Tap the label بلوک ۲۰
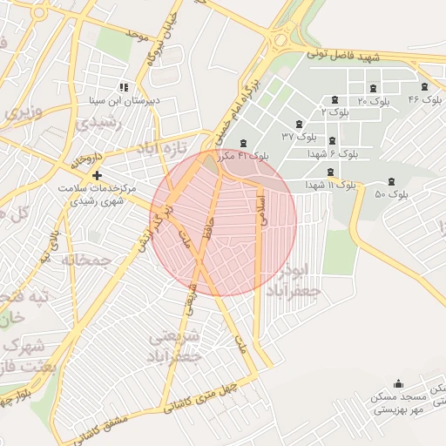pos(373,101)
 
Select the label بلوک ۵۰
pos(391,194)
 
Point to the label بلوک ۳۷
pos(299,136)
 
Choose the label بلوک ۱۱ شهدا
pos(331,186)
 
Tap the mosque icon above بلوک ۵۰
pos(390,181)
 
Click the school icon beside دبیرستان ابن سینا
pos(125,86)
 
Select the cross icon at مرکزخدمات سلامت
pos(96,174)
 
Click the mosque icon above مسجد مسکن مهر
pos(399,383)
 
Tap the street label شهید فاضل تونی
pos(344,56)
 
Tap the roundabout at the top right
pos(281,39)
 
